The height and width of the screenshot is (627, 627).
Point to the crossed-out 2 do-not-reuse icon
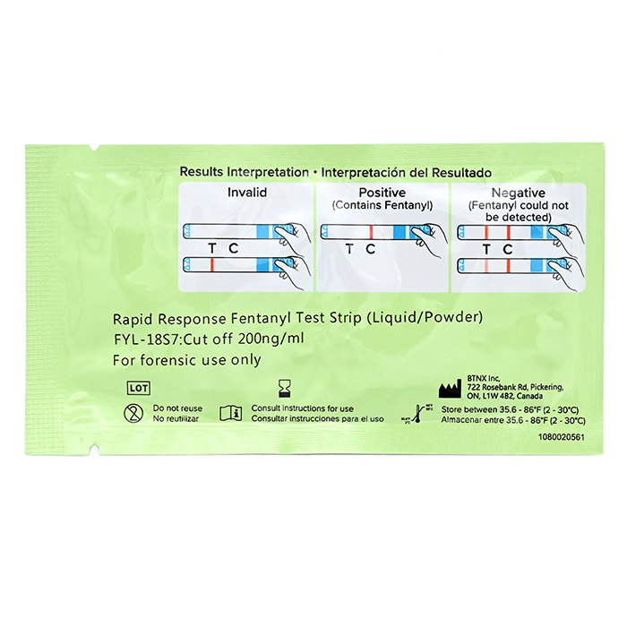tap(133, 413)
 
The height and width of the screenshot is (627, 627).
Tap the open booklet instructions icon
tap(231, 413)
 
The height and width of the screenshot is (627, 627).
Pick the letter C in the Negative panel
tap(508, 248)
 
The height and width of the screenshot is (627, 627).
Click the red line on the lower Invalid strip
tap(212, 264)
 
